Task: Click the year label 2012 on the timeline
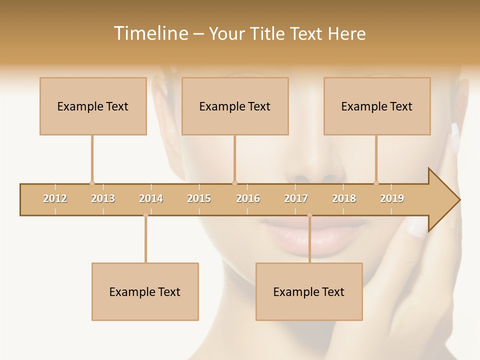pos(55,198)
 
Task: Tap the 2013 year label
pos(103,198)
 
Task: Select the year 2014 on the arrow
pos(151,198)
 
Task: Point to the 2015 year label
pos(199,198)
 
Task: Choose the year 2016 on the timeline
pos(248,198)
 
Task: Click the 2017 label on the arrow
pos(296,198)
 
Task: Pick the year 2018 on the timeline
pos(344,198)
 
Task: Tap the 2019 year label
pos(392,198)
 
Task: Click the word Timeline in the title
pos(149,33)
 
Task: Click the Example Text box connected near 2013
pos(93,106)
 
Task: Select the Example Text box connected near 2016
pos(235,106)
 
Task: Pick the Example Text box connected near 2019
pos(377,106)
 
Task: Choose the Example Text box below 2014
pos(145,291)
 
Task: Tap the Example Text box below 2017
pos(309,291)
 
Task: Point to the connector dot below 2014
pos(145,215)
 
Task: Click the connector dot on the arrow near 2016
pos(234,183)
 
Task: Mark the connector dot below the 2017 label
pos(309,215)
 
